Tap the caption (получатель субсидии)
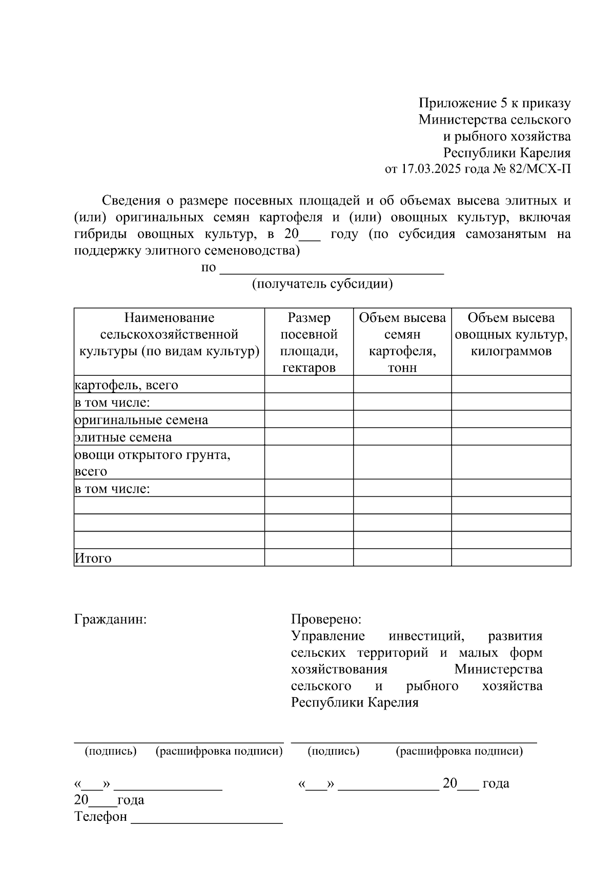click(322, 284)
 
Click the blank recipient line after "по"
click(331, 269)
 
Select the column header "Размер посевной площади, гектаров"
click(309, 342)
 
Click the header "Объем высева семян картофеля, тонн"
click(402, 342)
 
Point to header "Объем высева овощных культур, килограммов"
click(511, 334)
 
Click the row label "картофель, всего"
click(127, 385)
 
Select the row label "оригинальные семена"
click(141, 420)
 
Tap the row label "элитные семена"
click(124, 437)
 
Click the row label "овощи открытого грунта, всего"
click(152, 462)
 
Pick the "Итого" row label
click(93, 558)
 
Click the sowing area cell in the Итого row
click(309, 558)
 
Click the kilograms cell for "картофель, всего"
click(511, 385)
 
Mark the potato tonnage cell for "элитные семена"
click(402, 437)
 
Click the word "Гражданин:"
click(111, 619)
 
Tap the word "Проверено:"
click(326, 619)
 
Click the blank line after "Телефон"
click(207, 817)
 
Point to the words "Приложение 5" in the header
click(458, 103)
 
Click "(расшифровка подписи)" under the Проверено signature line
click(459, 752)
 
